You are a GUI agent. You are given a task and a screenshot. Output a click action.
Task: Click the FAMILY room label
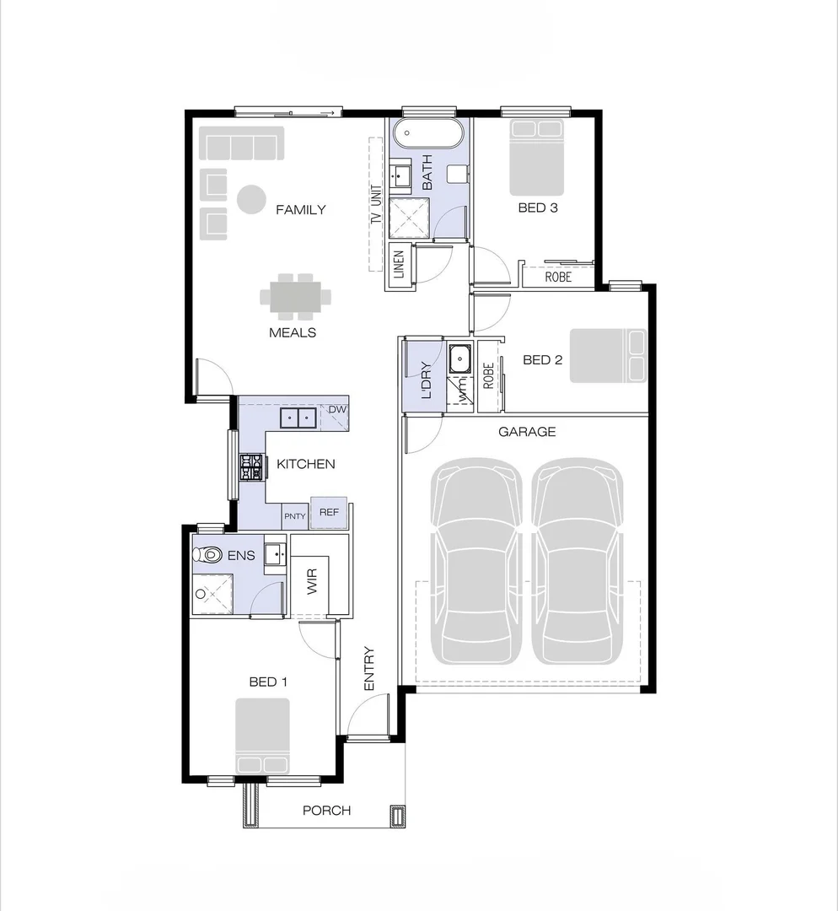tap(300, 209)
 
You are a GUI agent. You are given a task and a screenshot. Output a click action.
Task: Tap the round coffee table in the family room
tap(250, 200)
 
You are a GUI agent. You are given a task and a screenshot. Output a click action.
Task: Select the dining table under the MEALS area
tap(295, 297)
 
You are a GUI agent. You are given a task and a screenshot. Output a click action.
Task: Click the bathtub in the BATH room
tap(430, 133)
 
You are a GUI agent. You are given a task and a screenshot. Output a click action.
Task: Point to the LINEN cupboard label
tap(399, 265)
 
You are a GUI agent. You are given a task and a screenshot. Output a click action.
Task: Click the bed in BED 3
tap(535, 158)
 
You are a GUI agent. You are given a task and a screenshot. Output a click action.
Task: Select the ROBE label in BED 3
tap(557, 277)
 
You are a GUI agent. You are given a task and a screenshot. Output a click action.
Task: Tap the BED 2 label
tap(542, 360)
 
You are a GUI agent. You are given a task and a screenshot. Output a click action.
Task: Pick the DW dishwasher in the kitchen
tap(337, 410)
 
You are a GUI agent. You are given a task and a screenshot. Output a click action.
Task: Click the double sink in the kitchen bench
tap(297, 417)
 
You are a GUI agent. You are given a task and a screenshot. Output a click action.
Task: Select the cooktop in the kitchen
tap(251, 467)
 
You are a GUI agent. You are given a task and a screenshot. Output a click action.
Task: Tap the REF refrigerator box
tap(328, 512)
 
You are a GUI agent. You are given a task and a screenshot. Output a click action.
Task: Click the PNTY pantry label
tap(294, 516)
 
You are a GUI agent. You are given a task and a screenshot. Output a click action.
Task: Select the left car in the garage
tap(476, 563)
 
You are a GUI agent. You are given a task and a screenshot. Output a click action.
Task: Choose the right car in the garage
tap(578, 563)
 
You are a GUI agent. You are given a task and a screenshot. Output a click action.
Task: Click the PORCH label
tap(326, 811)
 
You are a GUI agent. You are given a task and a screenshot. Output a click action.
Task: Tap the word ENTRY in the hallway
tap(368, 670)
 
